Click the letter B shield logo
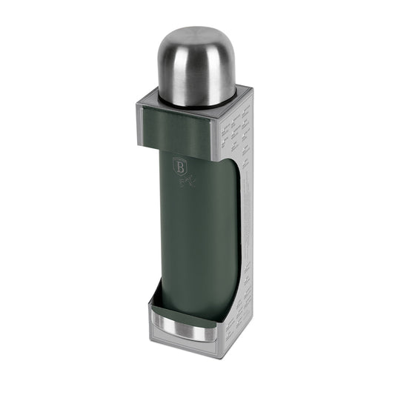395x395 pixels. pyautogui.click(x=178, y=166)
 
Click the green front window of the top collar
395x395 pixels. pyautogui.click(x=178, y=125)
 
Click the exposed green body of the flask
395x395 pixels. pyautogui.click(x=194, y=237)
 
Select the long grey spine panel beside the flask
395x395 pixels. pyautogui.click(x=244, y=222)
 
